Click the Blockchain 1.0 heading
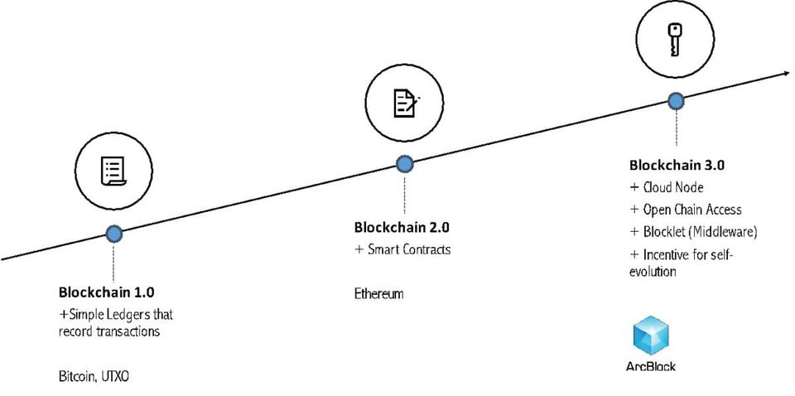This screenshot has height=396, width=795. [106, 292]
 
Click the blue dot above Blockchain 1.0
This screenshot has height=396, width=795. [114, 234]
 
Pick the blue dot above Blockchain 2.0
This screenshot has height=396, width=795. [405, 164]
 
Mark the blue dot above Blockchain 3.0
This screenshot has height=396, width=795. [677, 101]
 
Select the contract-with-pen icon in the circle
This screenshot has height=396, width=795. [405, 102]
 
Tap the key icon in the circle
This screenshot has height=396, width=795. [676, 39]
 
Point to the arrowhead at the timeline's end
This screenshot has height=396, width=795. [784, 74]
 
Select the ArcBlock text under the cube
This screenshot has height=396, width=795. [651, 365]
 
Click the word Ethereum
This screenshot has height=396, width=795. [378, 294]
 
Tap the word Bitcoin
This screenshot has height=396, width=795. [79, 377]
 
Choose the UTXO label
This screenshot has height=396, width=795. [116, 377]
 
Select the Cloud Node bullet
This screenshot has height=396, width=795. [672, 188]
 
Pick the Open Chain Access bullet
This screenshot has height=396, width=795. [691, 210]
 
